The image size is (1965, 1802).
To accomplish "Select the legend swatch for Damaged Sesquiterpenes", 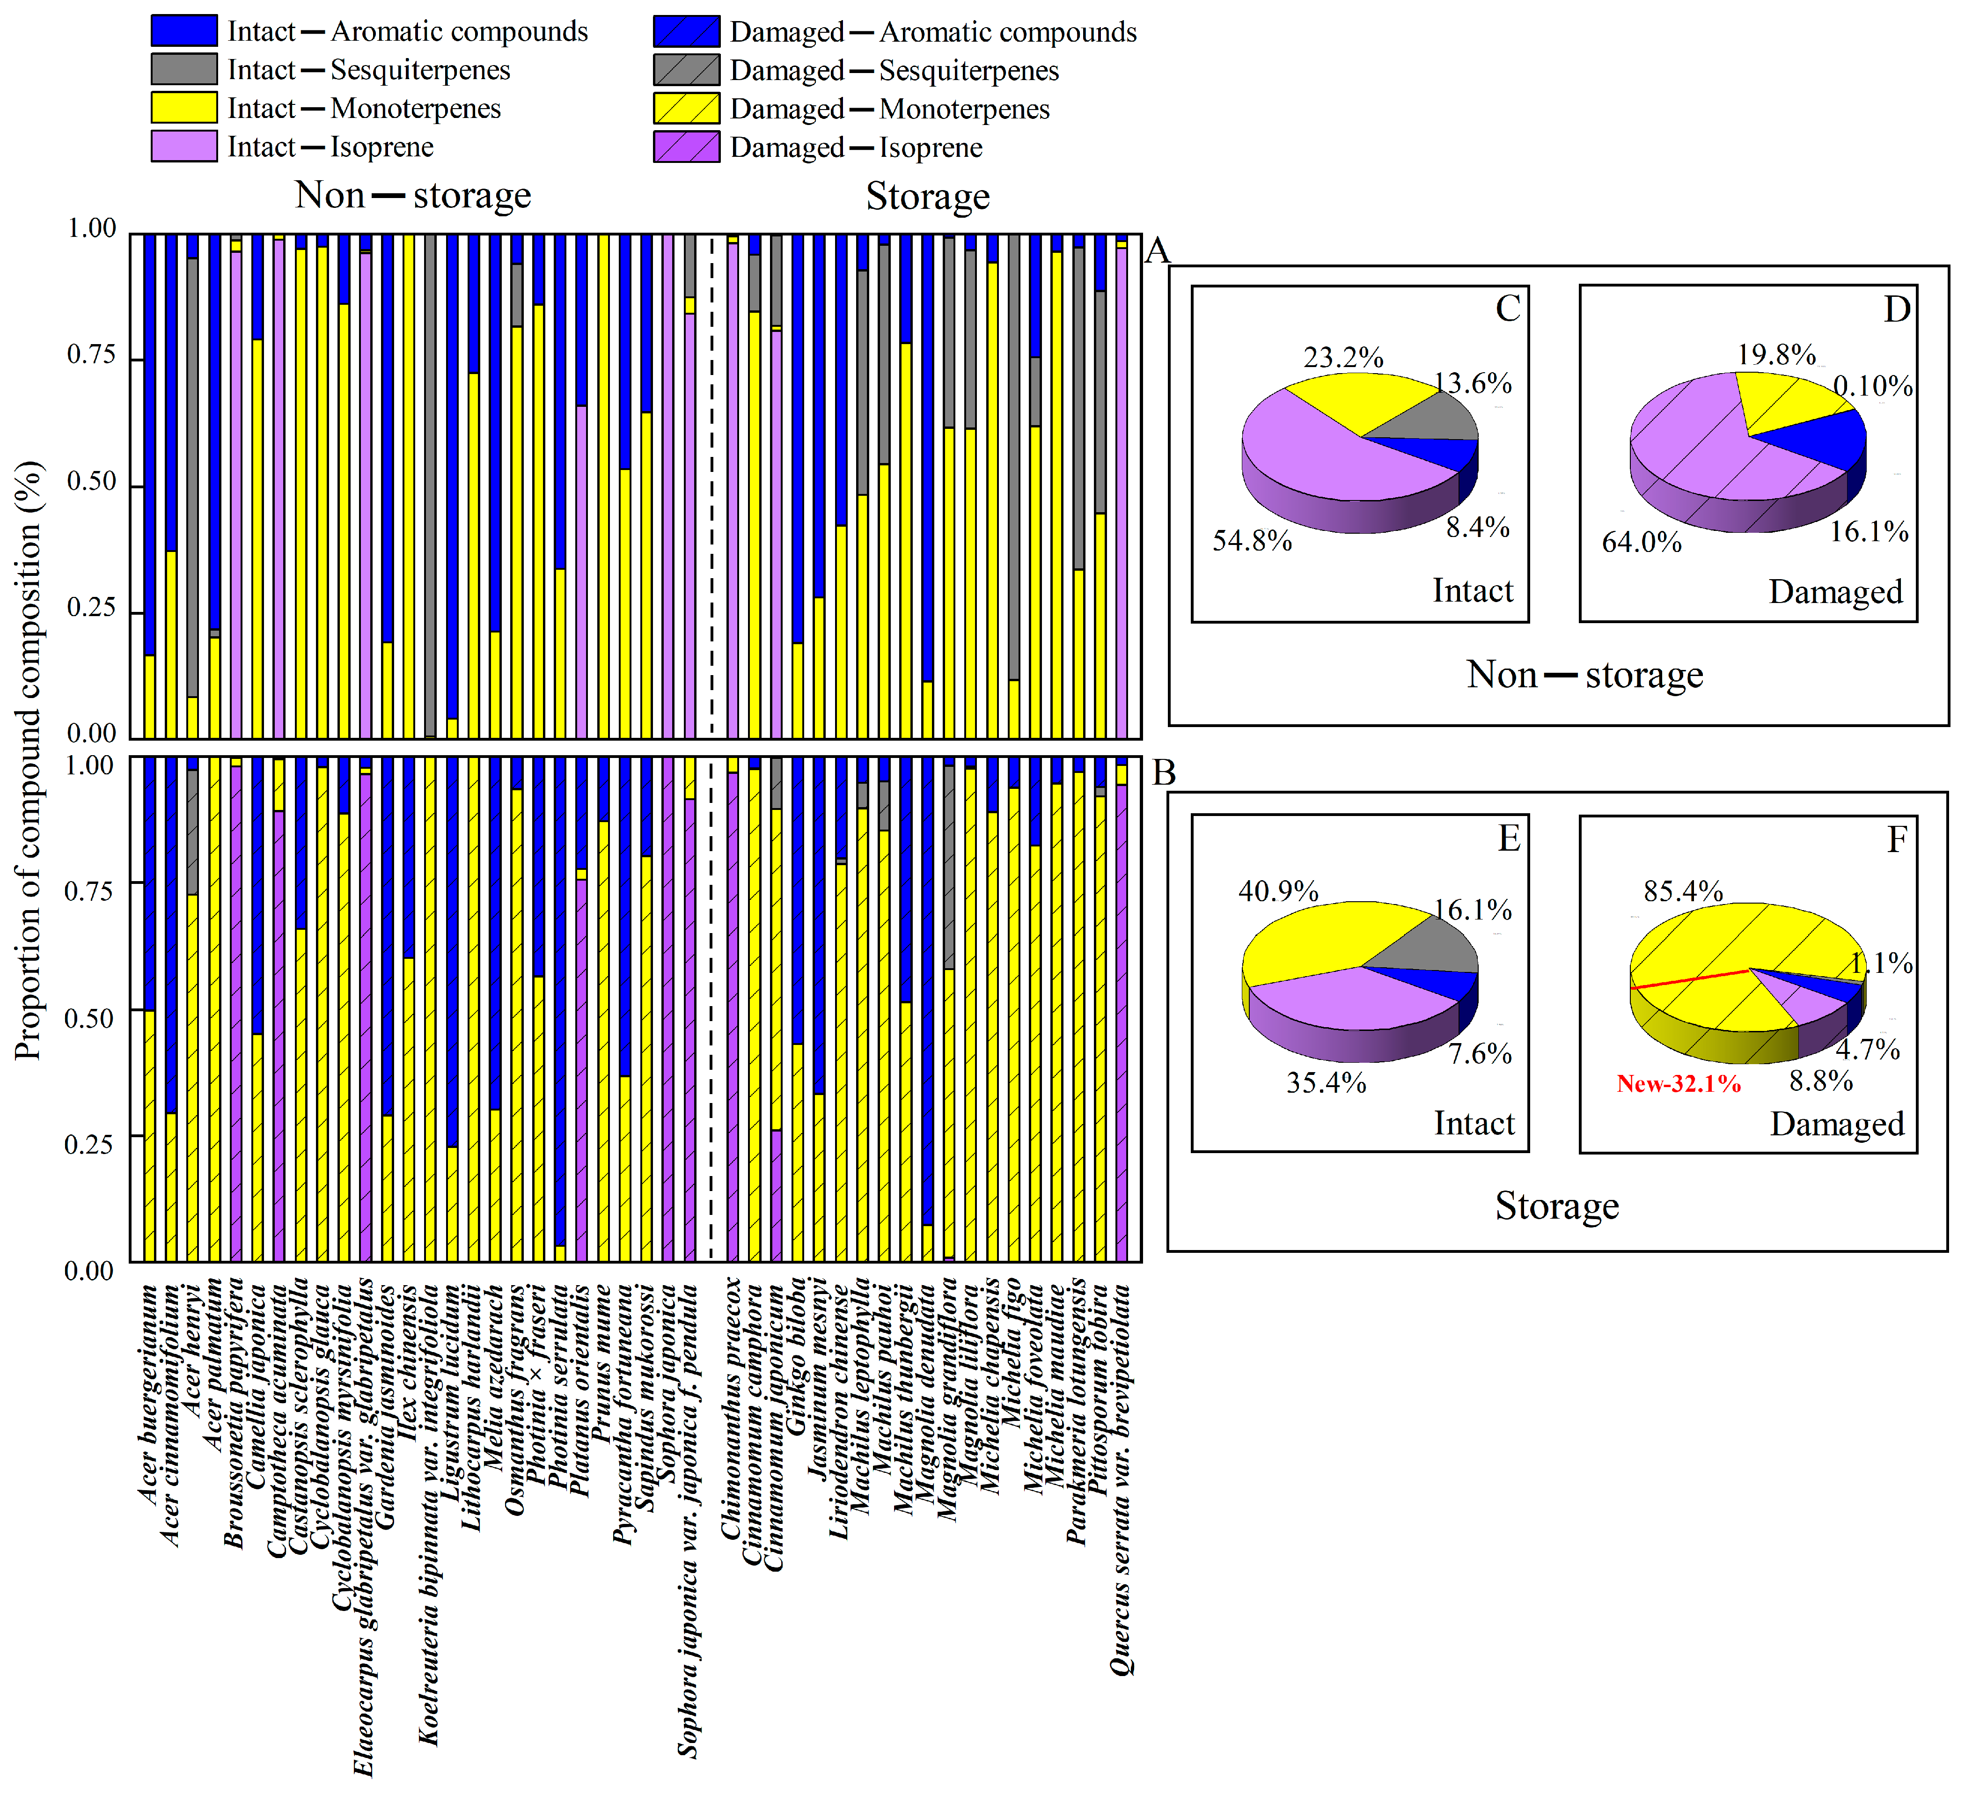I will pyautogui.click(x=686, y=70).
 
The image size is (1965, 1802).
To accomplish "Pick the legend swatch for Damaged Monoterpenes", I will pyautogui.click(x=686, y=108).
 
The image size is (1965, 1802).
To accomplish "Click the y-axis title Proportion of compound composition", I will pyautogui.click(x=29, y=761).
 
